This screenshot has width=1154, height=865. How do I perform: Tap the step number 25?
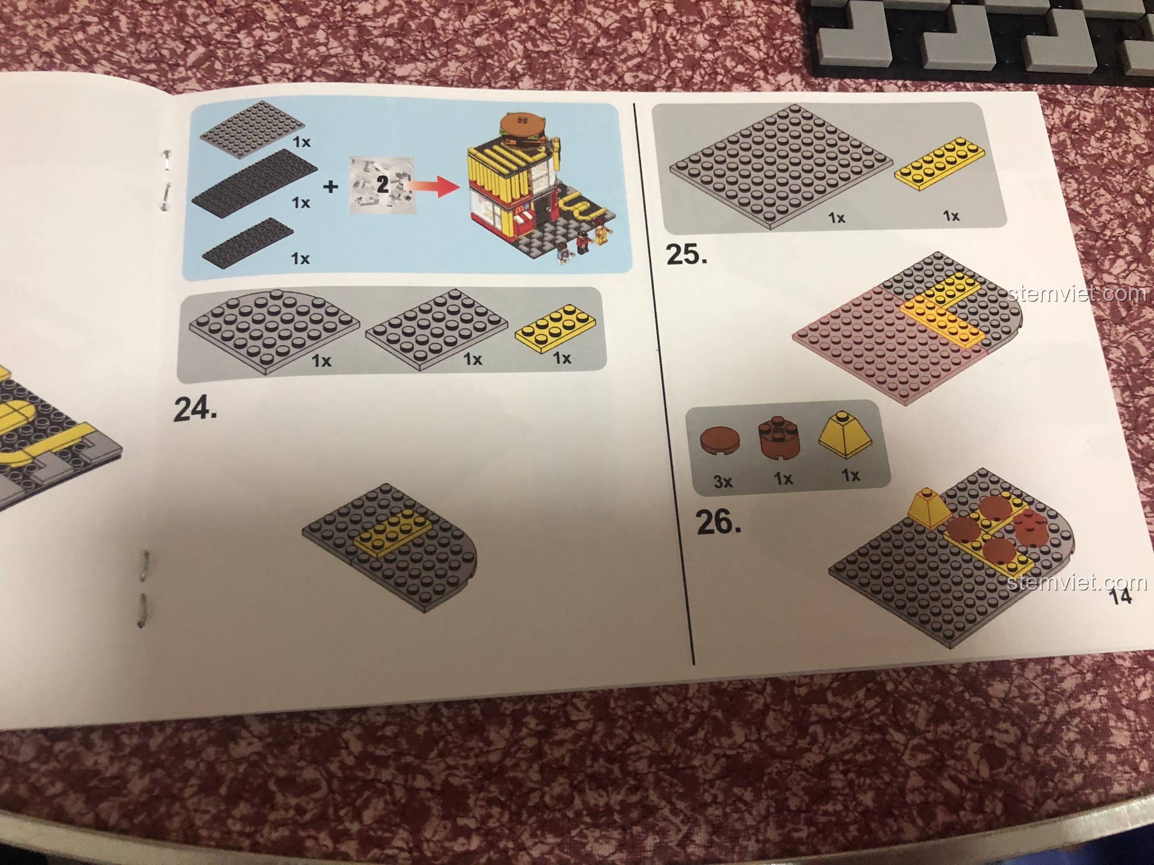[x=687, y=255]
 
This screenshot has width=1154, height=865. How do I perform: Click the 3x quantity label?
[x=723, y=482]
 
